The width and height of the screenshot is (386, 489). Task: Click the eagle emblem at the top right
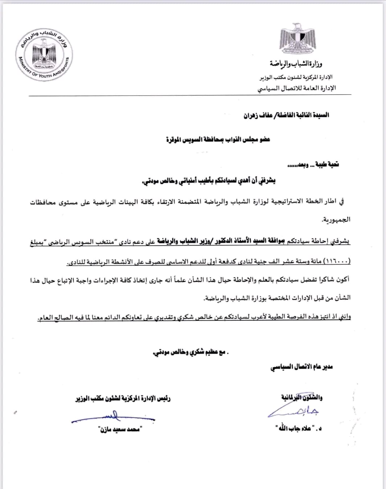(297, 38)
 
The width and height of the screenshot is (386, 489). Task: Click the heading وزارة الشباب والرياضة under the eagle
(295, 64)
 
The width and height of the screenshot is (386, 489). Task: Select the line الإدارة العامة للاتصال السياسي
(297, 88)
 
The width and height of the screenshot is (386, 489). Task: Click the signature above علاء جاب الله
(294, 411)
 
